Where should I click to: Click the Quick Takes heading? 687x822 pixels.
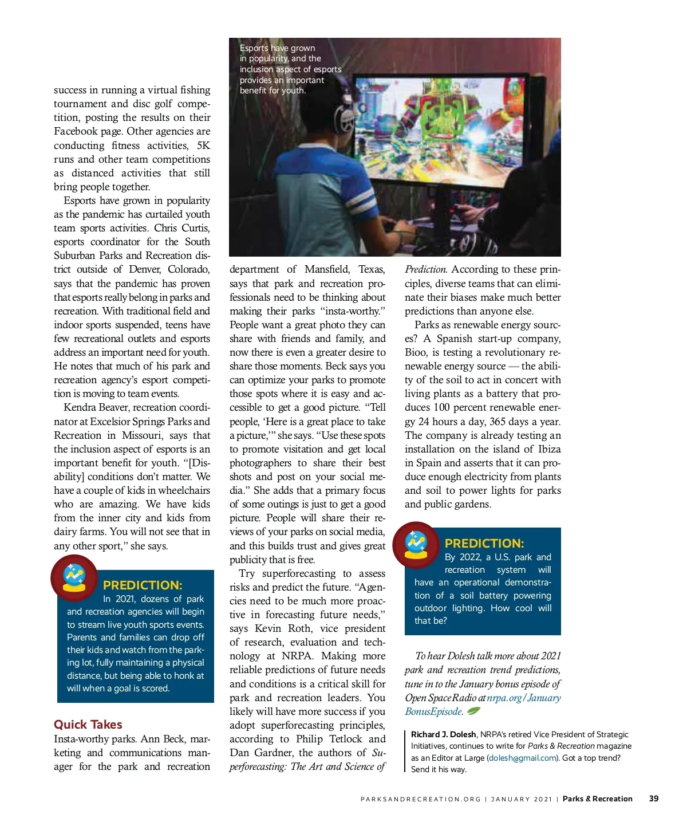[88, 725]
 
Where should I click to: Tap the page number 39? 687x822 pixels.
[654, 799]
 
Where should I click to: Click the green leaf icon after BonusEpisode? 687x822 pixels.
[473, 711]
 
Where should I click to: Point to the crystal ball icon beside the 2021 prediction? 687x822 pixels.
[74, 577]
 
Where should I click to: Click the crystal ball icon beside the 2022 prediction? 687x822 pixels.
[416, 545]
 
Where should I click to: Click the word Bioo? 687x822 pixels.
[417, 352]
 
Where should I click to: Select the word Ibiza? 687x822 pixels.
[549, 449]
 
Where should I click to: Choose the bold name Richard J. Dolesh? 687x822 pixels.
[443, 734]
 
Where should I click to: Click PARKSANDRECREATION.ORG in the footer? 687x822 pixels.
[420, 799]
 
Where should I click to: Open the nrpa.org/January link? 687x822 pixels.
[523, 698]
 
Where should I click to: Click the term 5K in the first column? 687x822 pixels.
[203, 145]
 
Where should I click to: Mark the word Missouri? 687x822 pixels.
[141, 435]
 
